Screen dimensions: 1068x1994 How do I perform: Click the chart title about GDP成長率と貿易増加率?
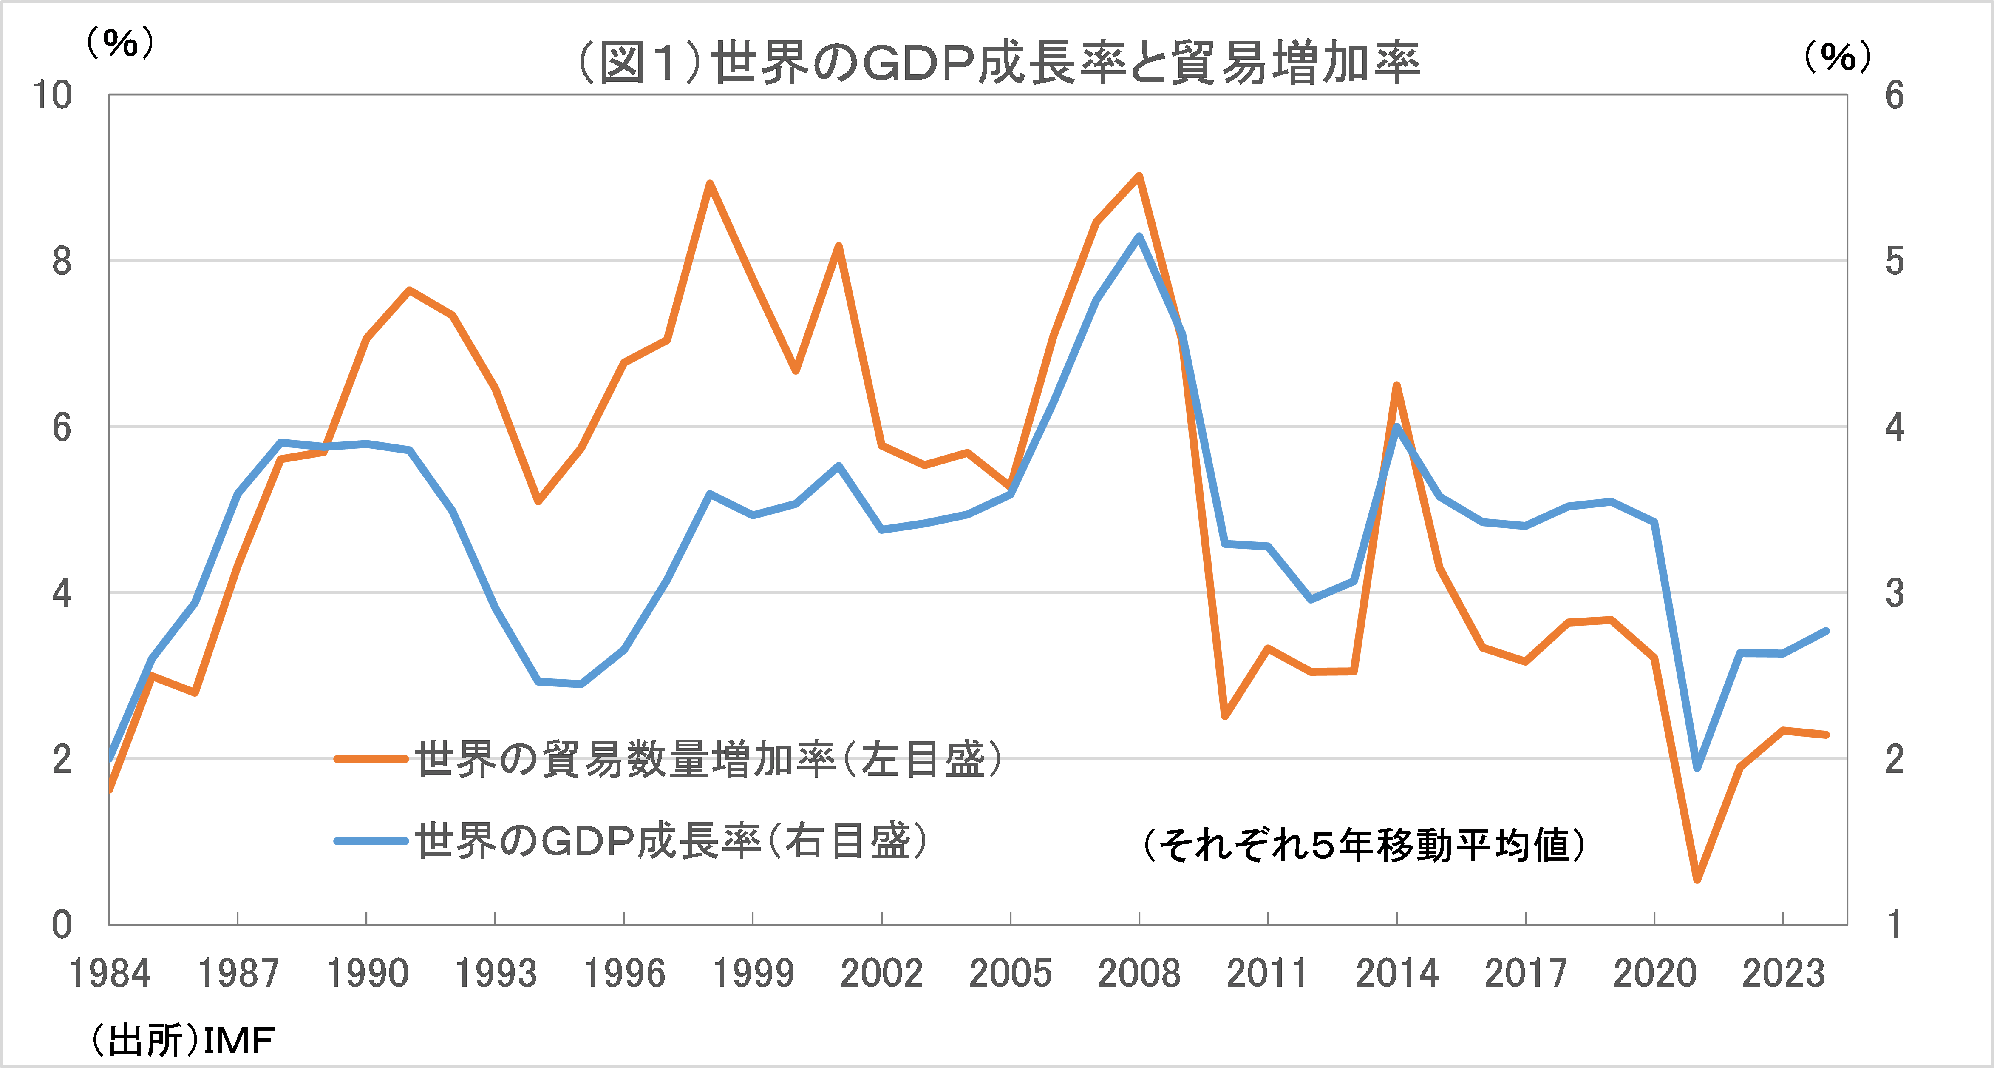click(x=999, y=62)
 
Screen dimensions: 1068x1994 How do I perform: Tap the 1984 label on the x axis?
click(x=110, y=974)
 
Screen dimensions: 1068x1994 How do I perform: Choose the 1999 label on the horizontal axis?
click(x=752, y=974)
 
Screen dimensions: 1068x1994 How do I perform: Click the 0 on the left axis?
click(x=62, y=925)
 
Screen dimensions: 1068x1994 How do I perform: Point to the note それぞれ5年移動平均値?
click(x=1364, y=844)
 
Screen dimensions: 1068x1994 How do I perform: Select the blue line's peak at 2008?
click(x=1139, y=236)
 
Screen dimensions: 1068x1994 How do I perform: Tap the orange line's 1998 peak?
click(x=710, y=184)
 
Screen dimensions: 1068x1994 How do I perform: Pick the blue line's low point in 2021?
click(x=1697, y=767)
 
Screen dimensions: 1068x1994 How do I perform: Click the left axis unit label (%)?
click(x=120, y=43)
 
